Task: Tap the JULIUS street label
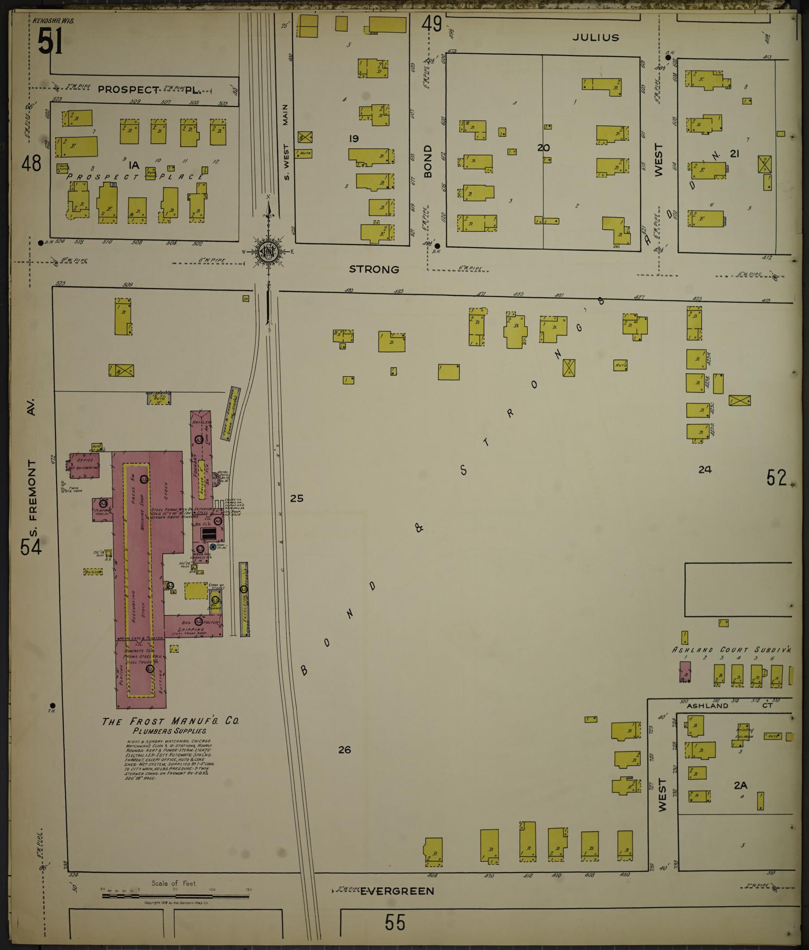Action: pos(595,37)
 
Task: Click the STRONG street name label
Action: pos(375,269)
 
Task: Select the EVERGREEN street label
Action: pos(397,891)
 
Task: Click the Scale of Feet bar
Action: pos(175,896)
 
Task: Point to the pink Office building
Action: pos(85,465)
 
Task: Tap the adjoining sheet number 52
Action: pos(776,477)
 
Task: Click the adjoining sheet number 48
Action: pos(31,163)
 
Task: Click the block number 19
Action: pos(354,139)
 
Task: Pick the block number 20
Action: pos(544,148)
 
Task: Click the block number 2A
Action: pos(741,785)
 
